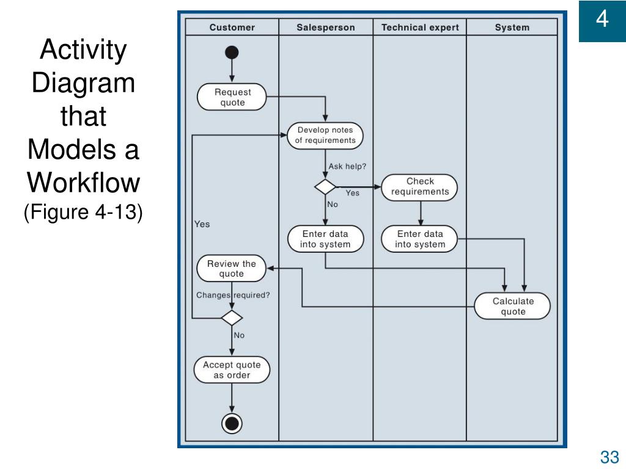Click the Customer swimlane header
click(232, 27)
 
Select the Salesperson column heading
click(326, 27)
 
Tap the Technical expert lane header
click(420, 27)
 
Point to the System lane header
click(512, 27)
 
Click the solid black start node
click(232, 53)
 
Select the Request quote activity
click(232, 97)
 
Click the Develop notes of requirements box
click(325, 136)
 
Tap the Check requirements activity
click(419, 187)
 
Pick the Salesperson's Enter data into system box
click(325, 239)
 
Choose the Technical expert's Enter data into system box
click(419, 239)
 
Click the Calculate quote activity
click(513, 307)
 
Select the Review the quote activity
click(232, 269)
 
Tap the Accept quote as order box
click(232, 369)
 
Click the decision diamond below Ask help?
click(325, 187)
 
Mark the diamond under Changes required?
click(232, 318)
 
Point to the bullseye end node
click(232, 423)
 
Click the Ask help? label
click(347, 166)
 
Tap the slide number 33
click(609, 457)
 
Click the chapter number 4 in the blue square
click(602, 19)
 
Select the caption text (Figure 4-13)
click(83, 212)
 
